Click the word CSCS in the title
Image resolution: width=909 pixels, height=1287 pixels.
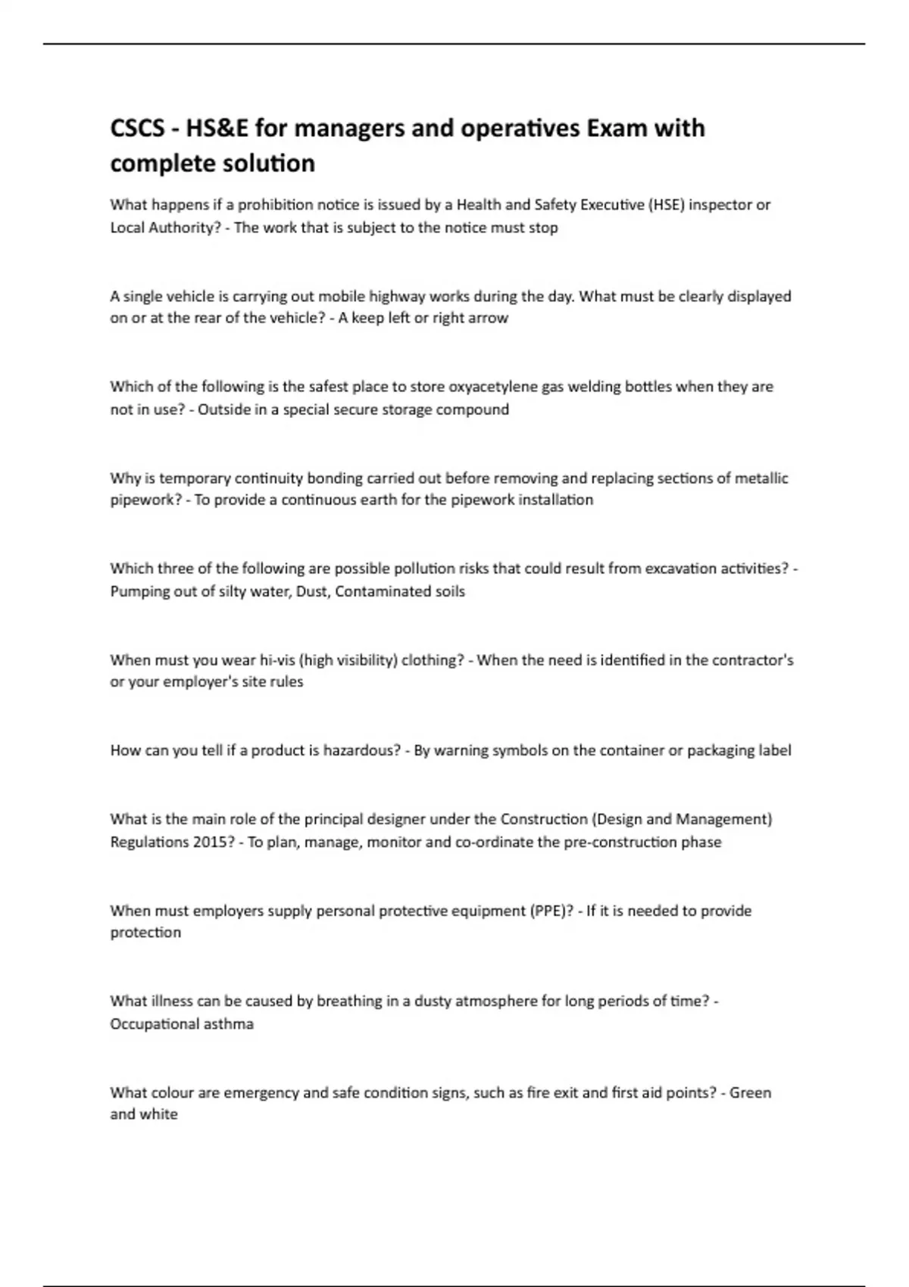coord(137,129)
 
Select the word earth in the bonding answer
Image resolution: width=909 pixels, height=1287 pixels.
coord(410,500)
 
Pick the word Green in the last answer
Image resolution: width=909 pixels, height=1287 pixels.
coord(750,1093)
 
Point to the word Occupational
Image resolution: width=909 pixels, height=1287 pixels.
coord(155,1024)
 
